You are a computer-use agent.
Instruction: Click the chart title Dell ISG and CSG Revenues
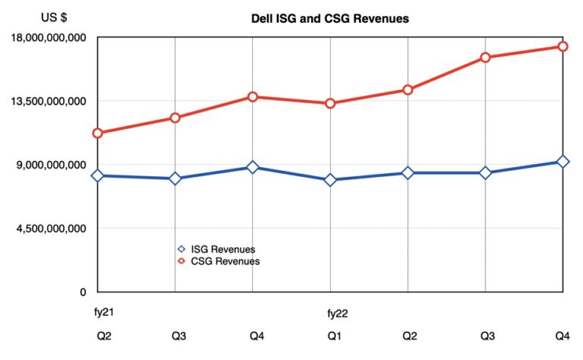click(x=329, y=19)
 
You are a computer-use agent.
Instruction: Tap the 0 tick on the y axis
click(x=84, y=292)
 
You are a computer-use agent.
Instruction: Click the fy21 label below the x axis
click(x=93, y=312)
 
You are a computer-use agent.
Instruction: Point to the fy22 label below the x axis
click(x=338, y=312)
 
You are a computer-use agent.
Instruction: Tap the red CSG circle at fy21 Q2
click(x=98, y=134)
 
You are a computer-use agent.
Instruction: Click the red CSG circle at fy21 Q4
click(x=253, y=96)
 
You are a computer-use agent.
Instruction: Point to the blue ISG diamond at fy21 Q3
click(x=175, y=178)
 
